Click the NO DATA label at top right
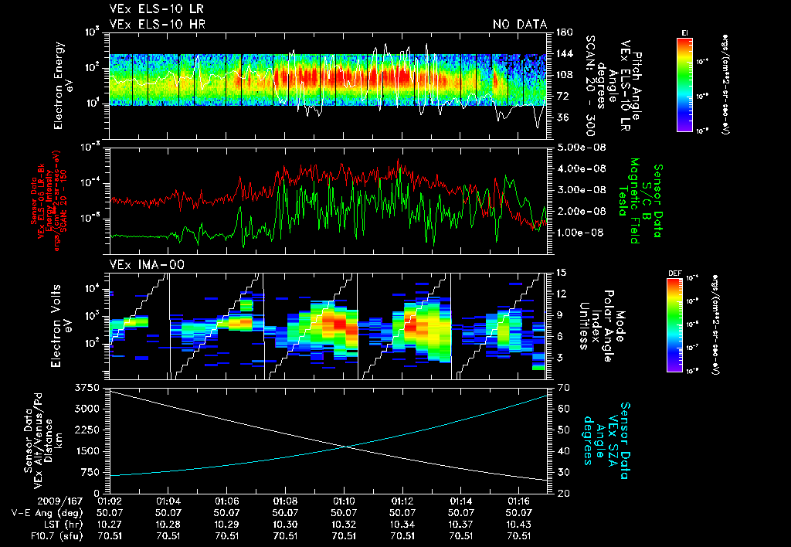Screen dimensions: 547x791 point(520,25)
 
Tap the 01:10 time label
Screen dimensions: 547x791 point(344,501)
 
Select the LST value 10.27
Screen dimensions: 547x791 point(110,524)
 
